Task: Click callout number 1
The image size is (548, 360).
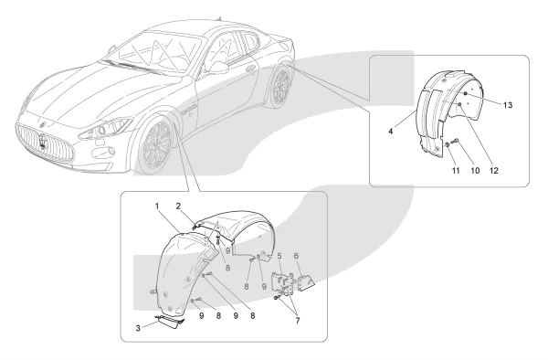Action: tap(157, 206)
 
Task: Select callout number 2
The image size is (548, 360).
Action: tap(178, 206)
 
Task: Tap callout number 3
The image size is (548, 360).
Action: tap(138, 328)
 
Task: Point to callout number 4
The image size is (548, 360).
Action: tap(390, 131)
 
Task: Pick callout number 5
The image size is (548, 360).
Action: tap(279, 256)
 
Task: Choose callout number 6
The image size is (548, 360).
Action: tap(296, 256)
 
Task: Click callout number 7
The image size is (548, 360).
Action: tap(298, 321)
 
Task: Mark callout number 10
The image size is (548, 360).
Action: tap(475, 171)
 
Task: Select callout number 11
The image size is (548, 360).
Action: tap(456, 171)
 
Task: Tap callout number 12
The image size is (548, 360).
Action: tap(494, 171)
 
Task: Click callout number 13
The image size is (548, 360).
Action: tap(508, 105)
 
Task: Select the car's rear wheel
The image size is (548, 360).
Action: tap(280, 86)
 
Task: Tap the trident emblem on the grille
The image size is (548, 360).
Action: tap(43, 142)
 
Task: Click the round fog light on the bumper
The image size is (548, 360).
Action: tap(111, 152)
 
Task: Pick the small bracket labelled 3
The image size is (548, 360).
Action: tap(170, 322)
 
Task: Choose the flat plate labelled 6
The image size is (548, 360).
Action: tap(306, 281)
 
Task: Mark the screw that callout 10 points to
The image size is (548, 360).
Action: tap(455, 141)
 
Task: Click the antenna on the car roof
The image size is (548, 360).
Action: tap(219, 18)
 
